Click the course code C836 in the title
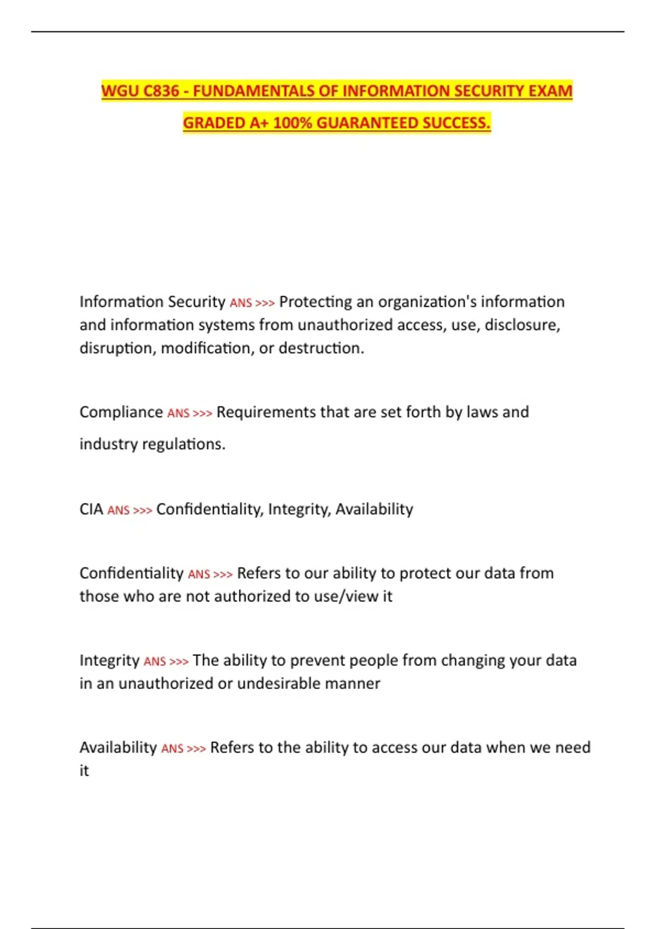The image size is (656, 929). click(x=161, y=91)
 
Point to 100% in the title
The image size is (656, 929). click(x=292, y=123)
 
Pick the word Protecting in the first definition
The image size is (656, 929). click(x=315, y=302)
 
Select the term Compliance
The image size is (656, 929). click(x=121, y=412)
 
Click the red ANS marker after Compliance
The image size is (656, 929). click(x=178, y=413)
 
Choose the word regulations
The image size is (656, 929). click(x=183, y=444)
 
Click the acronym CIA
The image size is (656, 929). click(x=91, y=509)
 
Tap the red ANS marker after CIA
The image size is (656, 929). click(x=118, y=510)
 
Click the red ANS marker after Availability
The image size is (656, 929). click(x=172, y=749)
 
